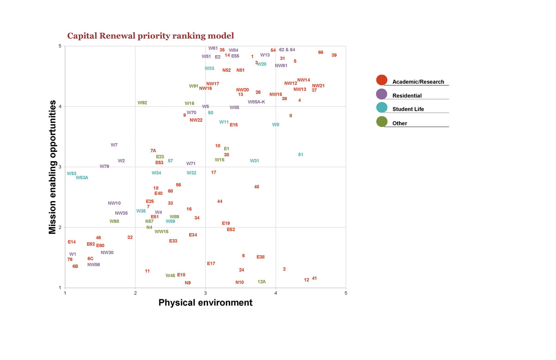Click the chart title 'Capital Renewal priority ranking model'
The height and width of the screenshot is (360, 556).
click(151, 36)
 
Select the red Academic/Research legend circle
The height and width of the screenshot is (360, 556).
click(382, 80)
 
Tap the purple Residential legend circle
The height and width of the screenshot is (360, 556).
click(382, 94)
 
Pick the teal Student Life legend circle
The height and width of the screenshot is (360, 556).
click(382, 107)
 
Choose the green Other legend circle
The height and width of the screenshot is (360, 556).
click(382, 122)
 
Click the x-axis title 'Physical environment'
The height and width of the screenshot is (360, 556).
click(205, 303)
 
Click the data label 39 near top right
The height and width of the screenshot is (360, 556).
click(334, 55)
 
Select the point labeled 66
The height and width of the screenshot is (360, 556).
click(321, 52)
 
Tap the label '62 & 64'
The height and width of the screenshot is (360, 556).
click(287, 50)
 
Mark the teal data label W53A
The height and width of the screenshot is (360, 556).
click(82, 177)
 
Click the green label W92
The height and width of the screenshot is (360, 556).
click(142, 103)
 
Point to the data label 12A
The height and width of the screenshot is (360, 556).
click(262, 282)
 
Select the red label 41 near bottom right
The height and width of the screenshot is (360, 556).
click(314, 278)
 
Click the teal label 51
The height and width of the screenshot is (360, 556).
click(301, 154)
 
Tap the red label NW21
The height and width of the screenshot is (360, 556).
click(318, 86)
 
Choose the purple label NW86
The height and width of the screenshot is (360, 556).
click(94, 265)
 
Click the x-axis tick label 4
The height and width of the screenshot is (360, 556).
click(276, 293)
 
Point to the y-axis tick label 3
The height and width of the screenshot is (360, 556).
click(60, 167)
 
